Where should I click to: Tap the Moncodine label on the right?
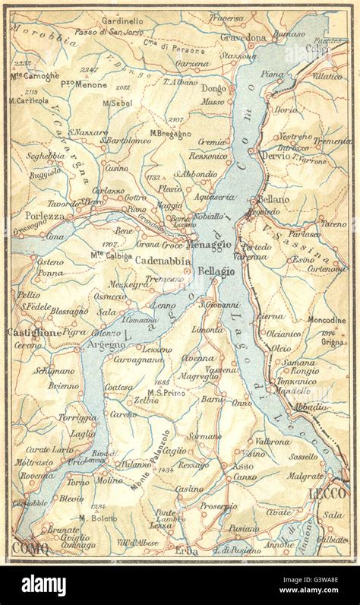click(x=327, y=320)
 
